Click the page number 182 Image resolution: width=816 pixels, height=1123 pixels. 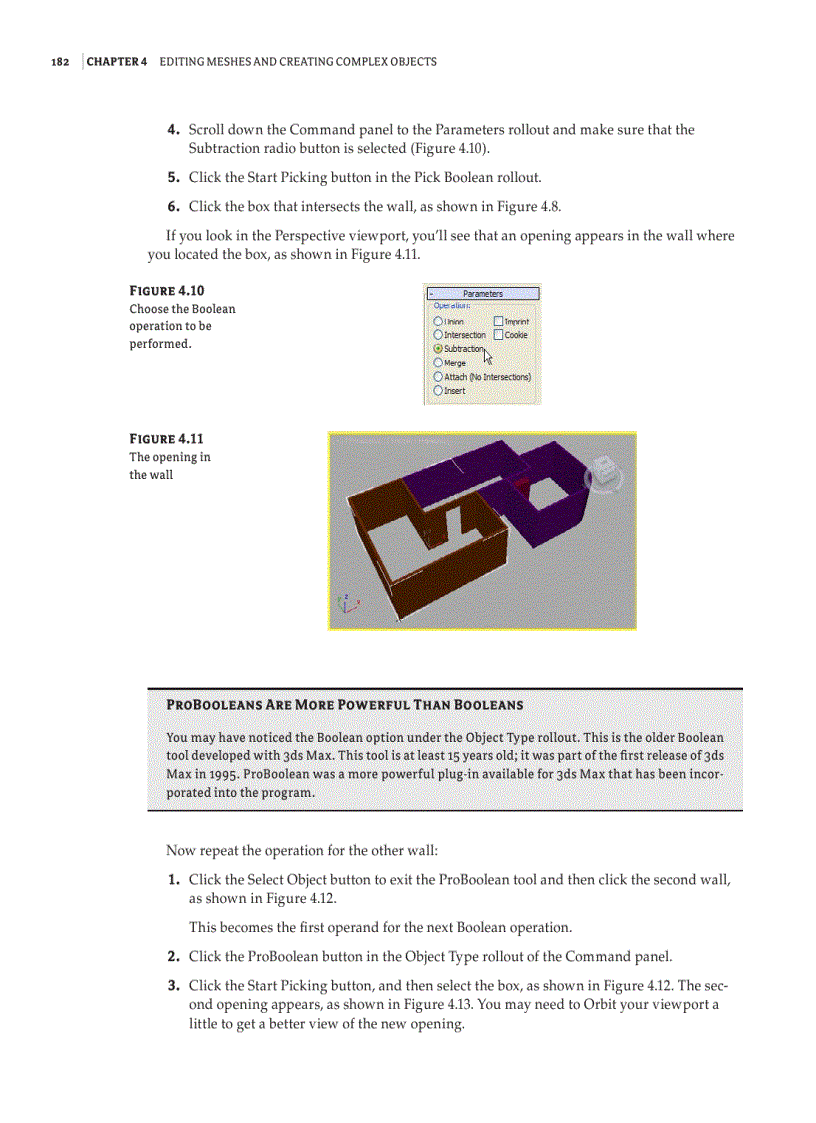coord(60,62)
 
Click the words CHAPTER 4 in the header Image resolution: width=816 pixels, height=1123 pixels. coord(117,62)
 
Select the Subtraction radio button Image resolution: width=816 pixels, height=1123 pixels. coord(438,349)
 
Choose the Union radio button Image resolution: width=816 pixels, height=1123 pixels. coord(438,322)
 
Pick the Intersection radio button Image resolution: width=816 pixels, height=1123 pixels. coord(438,335)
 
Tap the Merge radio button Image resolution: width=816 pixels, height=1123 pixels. coord(438,363)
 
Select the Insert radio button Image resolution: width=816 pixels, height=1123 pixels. coord(438,391)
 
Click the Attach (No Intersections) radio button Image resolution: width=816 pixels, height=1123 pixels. coord(438,377)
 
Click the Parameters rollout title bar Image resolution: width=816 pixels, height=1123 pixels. coord(483,294)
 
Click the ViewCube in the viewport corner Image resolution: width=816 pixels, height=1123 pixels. coord(603,474)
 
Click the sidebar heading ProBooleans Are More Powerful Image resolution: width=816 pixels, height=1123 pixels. coord(344,705)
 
